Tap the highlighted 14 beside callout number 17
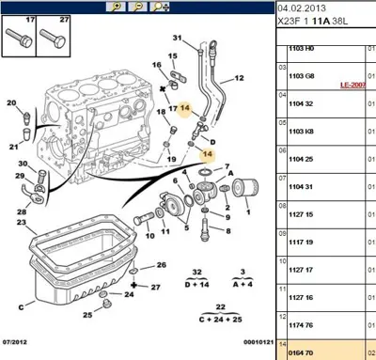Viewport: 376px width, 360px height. [x=185, y=109]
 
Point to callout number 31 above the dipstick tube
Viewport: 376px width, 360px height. [x=177, y=38]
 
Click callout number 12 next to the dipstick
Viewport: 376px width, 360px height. [x=238, y=78]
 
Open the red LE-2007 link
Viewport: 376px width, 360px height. [x=356, y=85]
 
